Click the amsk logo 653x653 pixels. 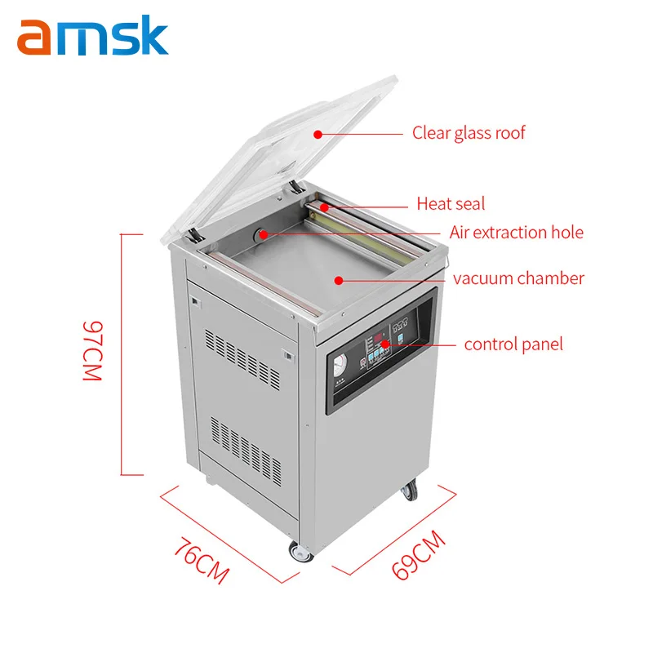92,38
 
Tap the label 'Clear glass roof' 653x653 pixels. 469,132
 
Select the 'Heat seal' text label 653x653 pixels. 451,203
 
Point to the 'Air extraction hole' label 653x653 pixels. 516,233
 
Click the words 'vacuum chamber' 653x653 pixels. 518,278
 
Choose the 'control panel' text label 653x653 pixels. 513,344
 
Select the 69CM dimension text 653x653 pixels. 419,554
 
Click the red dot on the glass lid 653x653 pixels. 318,132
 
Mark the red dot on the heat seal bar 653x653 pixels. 324,207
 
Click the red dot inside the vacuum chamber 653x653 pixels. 336,279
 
